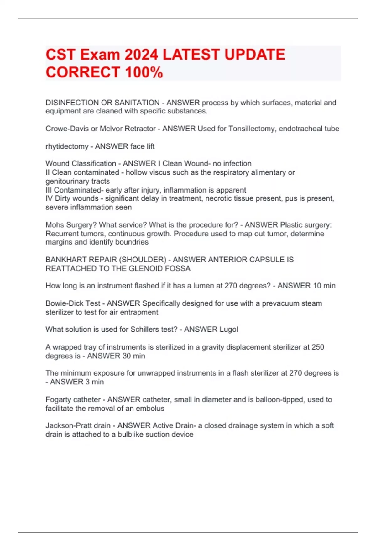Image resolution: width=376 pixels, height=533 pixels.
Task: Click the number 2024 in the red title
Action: click(x=141, y=55)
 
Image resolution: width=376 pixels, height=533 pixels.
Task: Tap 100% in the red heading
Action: click(x=144, y=72)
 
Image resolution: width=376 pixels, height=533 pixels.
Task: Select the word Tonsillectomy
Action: click(x=252, y=129)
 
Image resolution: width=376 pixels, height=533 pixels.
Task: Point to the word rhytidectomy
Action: click(x=67, y=146)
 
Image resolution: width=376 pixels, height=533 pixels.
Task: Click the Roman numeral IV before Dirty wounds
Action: click(x=49, y=198)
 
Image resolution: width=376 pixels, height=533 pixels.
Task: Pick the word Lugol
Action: click(x=228, y=330)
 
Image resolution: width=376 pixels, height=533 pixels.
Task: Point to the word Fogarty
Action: click(x=57, y=400)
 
